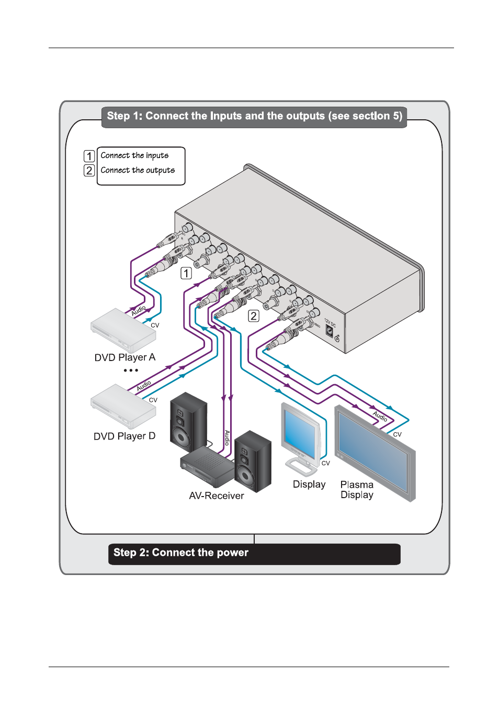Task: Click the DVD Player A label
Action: pyautogui.click(x=124, y=357)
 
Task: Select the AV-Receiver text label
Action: pyautogui.click(x=217, y=496)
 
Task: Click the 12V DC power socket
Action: pyautogui.click(x=330, y=331)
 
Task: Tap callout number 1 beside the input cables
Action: pyautogui.click(x=186, y=273)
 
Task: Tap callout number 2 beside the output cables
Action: pyautogui.click(x=254, y=316)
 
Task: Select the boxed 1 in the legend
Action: pyautogui.click(x=89, y=156)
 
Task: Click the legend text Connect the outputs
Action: pyautogui.click(x=138, y=170)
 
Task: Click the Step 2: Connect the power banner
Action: pyautogui.click(x=254, y=554)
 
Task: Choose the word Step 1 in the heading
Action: pyautogui.click(x=124, y=116)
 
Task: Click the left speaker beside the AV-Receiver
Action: pyautogui.click(x=188, y=421)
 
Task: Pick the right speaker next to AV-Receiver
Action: pyautogui.click(x=253, y=460)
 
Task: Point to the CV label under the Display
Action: pyautogui.click(x=326, y=463)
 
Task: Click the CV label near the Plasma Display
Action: pyautogui.click(x=398, y=434)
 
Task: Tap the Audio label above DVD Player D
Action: pyautogui.click(x=144, y=386)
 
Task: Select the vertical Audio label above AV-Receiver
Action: pyautogui.click(x=227, y=437)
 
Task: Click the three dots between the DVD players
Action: pyautogui.click(x=131, y=370)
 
